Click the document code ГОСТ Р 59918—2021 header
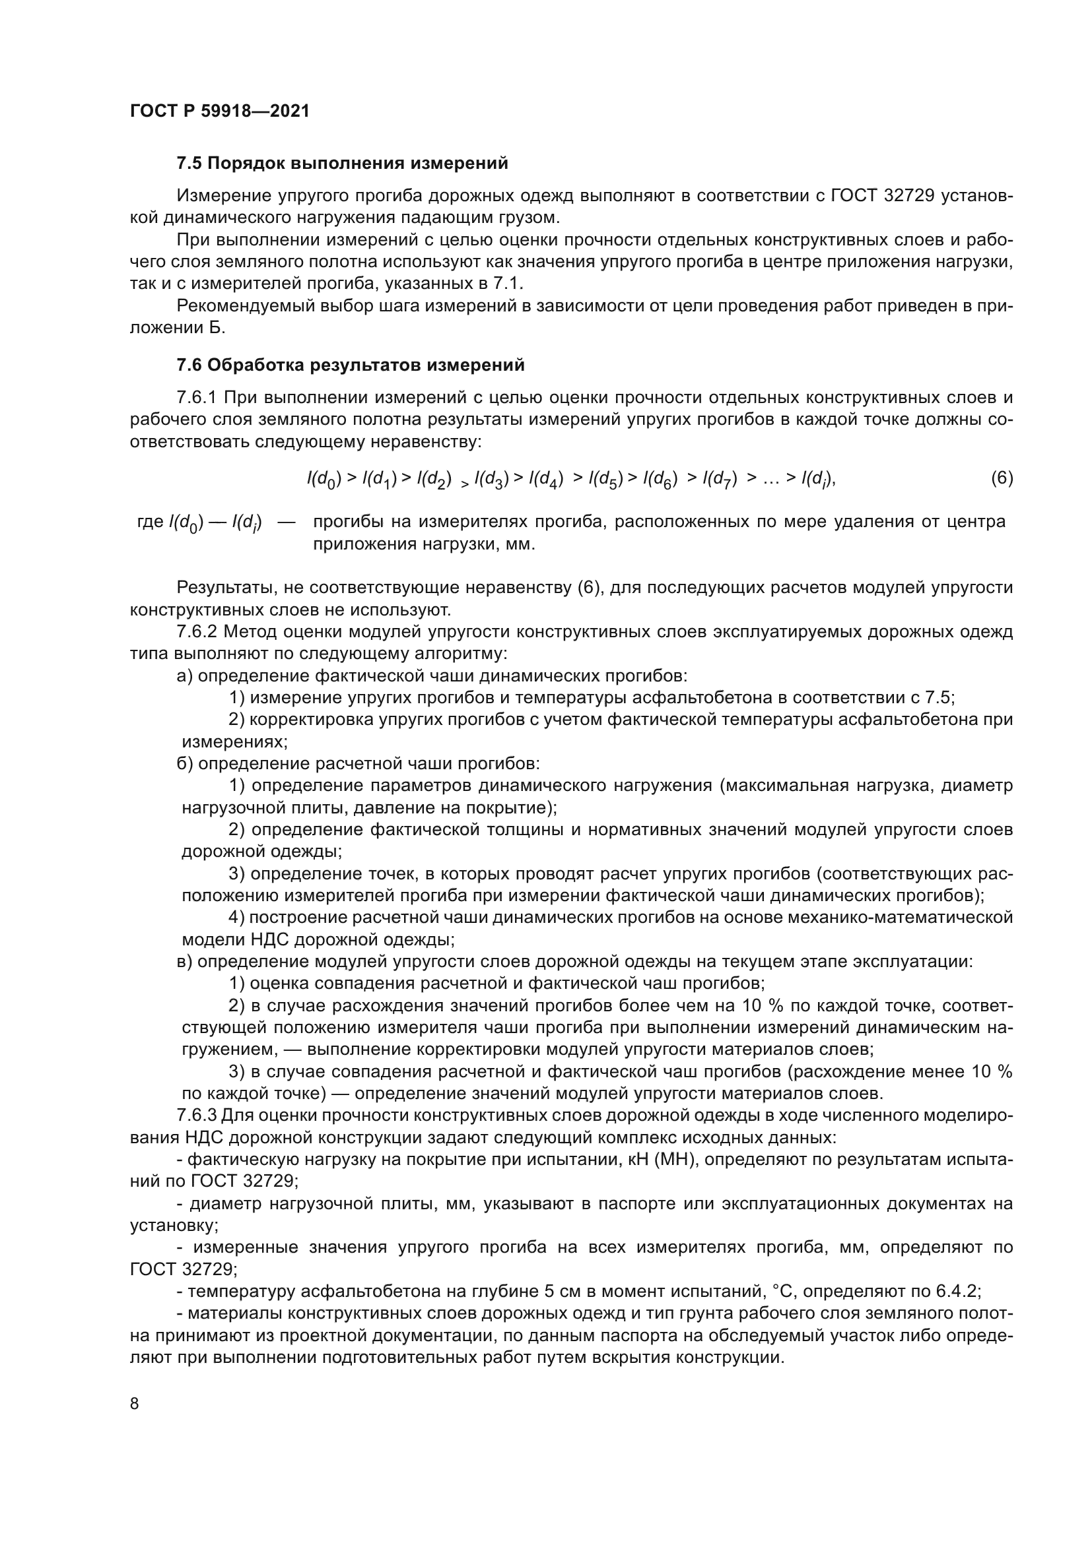coord(219,111)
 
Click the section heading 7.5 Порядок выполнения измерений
coord(342,164)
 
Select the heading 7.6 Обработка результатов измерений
coord(351,365)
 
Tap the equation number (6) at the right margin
coord(1002,478)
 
